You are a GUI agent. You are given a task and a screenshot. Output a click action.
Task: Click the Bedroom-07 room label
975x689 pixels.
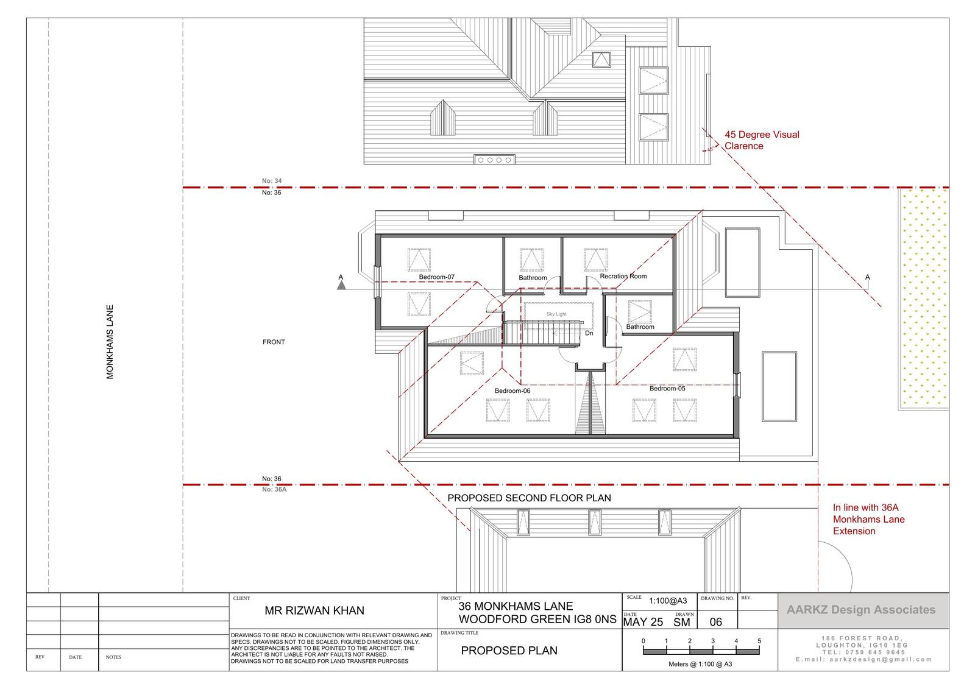(x=436, y=277)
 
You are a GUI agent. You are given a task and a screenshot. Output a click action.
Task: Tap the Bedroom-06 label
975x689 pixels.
(x=512, y=391)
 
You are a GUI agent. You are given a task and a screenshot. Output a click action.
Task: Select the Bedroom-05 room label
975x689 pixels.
(x=667, y=388)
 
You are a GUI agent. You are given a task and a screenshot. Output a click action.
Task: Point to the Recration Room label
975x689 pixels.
(x=623, y=276)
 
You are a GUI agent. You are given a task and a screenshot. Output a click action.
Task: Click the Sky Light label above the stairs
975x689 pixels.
(x=557, y=314)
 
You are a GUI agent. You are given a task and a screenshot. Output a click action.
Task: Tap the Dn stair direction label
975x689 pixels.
(x=589, y=333)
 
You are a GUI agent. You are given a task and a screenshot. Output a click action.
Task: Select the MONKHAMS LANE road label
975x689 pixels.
(x=110, y=342)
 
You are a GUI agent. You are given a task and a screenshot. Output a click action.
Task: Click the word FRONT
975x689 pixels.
(x=274, y=342)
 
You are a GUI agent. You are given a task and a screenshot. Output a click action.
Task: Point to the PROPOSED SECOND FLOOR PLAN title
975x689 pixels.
(x=530, y=498)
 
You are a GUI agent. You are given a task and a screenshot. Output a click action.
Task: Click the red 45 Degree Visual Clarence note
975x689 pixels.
(x=762, y=140)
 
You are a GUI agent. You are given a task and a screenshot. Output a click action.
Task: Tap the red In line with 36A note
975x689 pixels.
(x=869, y=519)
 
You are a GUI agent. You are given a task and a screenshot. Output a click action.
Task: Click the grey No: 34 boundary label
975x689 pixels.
(x=272, y=181)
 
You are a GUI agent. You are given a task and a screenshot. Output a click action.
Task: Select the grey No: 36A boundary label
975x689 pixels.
(x=274, y=489)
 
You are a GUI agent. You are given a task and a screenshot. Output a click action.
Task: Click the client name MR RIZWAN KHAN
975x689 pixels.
(x=314, y=610)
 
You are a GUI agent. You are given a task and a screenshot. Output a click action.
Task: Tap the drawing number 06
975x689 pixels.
(x=715, y=622)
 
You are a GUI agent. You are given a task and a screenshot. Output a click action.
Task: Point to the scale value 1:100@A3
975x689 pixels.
(x=668, y=601)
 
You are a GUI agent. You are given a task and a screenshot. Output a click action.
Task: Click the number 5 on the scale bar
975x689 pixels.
(x=759, y=641)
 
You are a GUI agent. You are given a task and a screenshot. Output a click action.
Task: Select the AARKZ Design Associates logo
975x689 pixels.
(x=861, y=610)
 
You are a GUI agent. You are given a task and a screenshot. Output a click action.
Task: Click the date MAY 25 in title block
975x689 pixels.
(x=643, y=622)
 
